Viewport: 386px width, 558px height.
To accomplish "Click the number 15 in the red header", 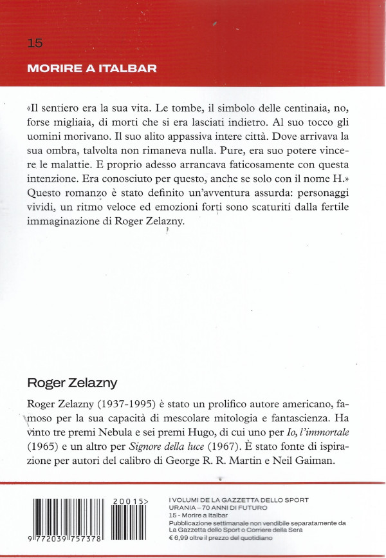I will (x=35, y=43).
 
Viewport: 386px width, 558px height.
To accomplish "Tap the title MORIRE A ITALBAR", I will (x=92, y=68).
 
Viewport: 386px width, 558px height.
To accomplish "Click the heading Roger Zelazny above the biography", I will (x=72, y=383).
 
